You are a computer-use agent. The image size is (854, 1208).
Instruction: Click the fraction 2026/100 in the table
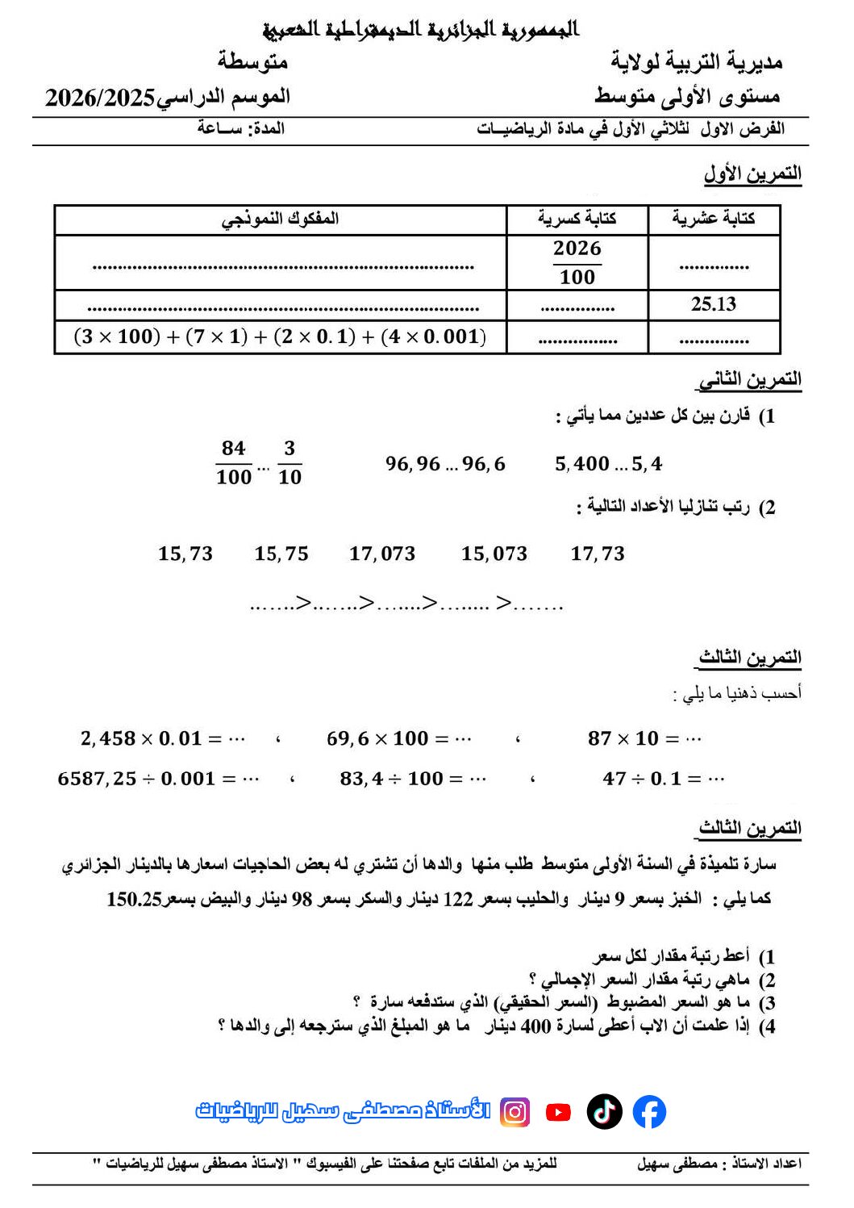[x=577, y=262]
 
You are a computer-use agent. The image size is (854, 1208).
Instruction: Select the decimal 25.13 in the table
[x=713, y=304]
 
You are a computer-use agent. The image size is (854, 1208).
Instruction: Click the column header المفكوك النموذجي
[x=280, y=219]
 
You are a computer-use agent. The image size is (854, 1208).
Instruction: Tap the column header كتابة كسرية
[x=577, y=219]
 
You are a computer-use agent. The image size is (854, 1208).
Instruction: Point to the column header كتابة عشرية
[x=713, y=219]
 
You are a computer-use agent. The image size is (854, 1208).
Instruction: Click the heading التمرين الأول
[x=752, y=173]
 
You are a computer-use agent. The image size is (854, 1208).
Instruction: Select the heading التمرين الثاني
[x=749, y=379]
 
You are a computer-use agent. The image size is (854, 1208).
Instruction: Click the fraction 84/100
[x=234, y=462]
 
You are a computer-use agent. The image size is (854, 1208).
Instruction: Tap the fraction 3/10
[x=290, y=462]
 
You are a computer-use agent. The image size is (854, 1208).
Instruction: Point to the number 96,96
[x=413, y=464]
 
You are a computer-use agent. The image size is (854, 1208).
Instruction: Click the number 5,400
[x=581, y=464]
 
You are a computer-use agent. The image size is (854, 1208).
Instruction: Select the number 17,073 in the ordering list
[x=382, y=554]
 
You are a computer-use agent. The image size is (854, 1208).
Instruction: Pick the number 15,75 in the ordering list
[x=281, y=554]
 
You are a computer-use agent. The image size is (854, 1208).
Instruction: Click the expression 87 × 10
[x=623, y=738]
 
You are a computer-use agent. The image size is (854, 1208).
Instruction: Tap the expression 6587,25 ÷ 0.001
[x=136, y=779]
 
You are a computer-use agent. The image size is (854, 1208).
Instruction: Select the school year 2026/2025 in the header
[x=100, y=98]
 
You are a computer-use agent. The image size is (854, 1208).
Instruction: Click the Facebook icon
[x=649, y=1111]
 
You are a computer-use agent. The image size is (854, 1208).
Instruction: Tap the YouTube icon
[x=558, y=1112]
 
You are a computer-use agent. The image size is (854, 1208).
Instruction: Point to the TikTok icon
[x=604, y=1111]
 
